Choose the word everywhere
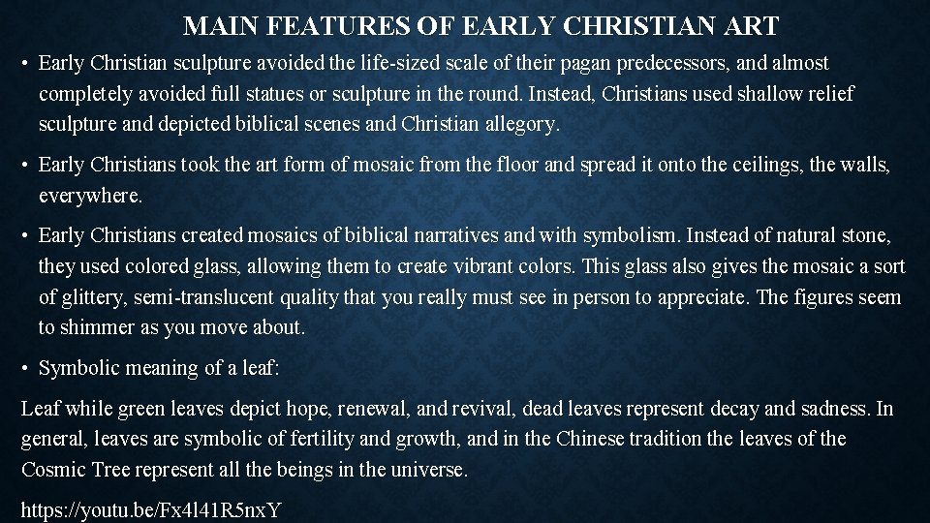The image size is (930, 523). (x=90, y=196)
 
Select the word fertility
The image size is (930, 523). (x=326, y=440)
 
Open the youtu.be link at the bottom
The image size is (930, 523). (x=151, y=510)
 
